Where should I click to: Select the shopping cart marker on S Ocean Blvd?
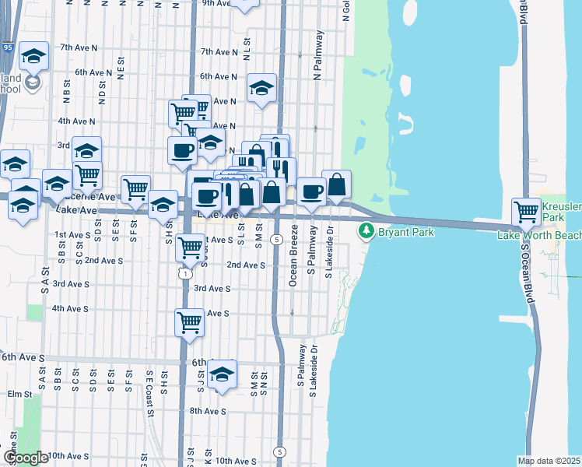click(527, 211)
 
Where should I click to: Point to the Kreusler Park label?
click(561, 211)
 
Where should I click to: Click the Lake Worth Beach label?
click(539, 234)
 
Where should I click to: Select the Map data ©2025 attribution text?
click(549, 461)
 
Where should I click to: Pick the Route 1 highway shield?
click(184, 273)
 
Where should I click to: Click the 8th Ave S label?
click(207, 411)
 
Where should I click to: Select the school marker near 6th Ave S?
click(223, 374)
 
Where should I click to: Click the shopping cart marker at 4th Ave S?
click(190, 322)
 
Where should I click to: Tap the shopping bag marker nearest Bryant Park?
click(336, 185)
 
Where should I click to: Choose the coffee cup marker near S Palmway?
click(311, 191)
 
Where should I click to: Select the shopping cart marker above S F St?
click(135, 188)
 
